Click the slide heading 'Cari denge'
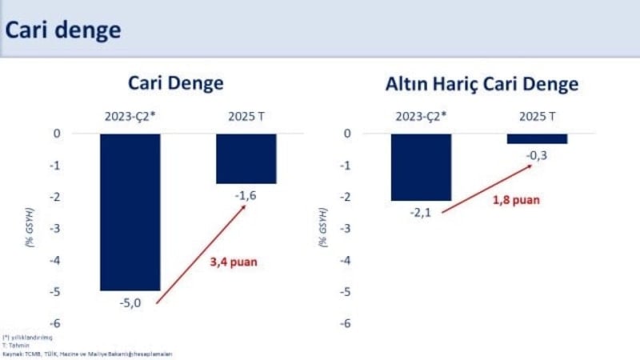[64, 30]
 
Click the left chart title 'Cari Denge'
[175, 84]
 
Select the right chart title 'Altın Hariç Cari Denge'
[481, 84]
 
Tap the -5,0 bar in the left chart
[130, 212]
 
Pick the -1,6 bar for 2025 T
[246, 158]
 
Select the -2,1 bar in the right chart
[421, 166]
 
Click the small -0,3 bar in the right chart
[537, 138]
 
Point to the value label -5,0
[130, 302]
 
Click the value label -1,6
[246, 195]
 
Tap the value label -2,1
[421, 212]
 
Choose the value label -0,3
[537, 155]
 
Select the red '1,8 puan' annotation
[516, 199]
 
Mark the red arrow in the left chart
[200, 254]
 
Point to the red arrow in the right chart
[486, 189]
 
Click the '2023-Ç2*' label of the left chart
[130, 116]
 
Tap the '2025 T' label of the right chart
[537, 116]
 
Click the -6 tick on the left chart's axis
[57, 323]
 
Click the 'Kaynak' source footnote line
[87, 353]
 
